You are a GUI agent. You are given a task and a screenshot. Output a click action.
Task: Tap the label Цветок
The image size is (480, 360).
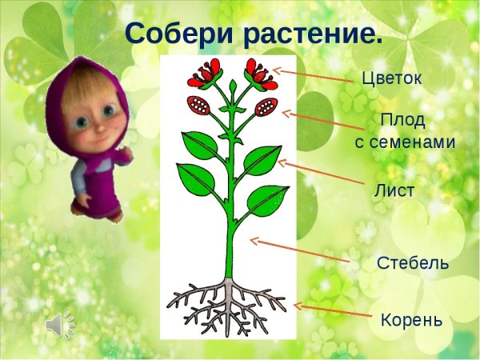[x=390, y=79]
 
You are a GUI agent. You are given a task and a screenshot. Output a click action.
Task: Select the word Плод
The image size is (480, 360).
[x=402, y=121]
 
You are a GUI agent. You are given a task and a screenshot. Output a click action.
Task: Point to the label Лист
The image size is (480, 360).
[x=394, y=191]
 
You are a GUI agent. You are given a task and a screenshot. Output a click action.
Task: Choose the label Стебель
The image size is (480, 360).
[x=412, y=263]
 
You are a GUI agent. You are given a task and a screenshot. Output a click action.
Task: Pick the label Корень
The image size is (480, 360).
[x=410, y=320]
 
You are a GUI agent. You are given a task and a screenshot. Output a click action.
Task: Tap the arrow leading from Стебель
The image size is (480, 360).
[x=299, y=250]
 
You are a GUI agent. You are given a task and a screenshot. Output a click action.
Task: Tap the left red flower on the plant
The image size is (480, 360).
[x=202, y=74]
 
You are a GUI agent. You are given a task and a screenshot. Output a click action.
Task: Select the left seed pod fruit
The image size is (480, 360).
[x=198, y=104]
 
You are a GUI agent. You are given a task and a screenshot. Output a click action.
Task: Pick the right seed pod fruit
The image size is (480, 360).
[x=266, y=105]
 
